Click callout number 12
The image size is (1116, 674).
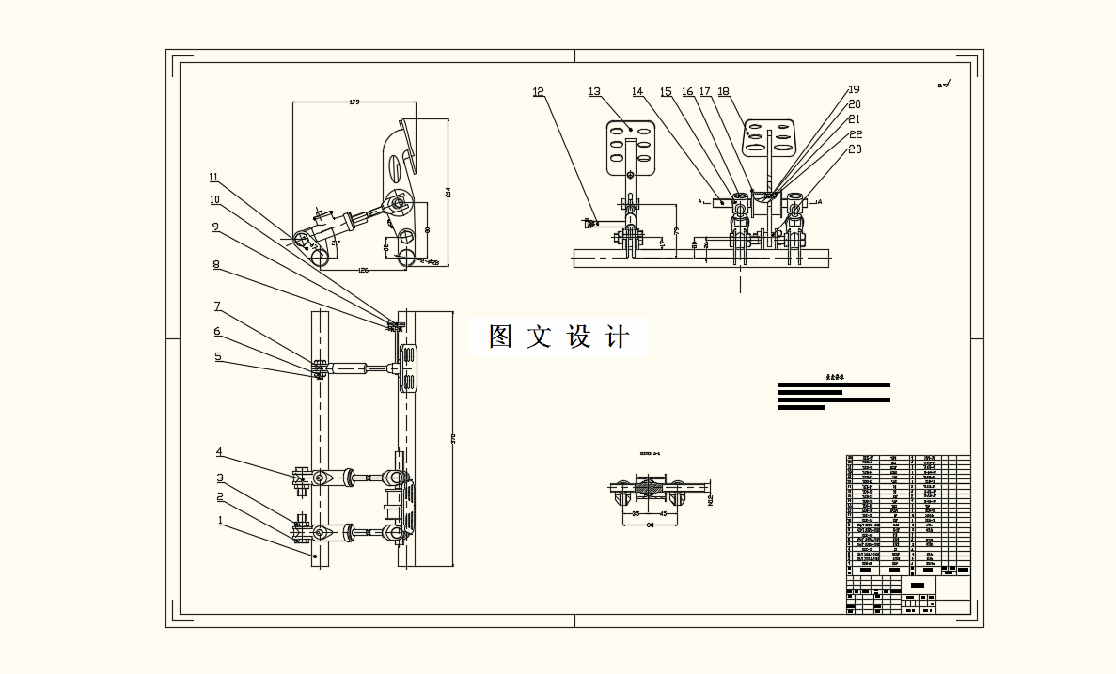click(x=538, y=92)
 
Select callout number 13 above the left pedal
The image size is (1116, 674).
click(x=594, y=92)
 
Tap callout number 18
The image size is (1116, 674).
click(x=723, y=92)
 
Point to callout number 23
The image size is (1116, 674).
click(x=855, y=149)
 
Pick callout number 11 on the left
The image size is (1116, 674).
click(x=213, y=177)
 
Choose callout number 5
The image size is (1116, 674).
click(x=217, y=356)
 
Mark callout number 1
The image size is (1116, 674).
click(x=220, y=519)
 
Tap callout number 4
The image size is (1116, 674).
click(x=219, y=452)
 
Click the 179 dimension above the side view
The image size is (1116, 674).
click(x=354, y=102)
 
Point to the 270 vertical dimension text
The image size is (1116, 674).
click(x=454, y=438)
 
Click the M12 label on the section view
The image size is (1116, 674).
click(x=711, y=498)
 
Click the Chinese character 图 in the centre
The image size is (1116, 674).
click(x=500, y=337)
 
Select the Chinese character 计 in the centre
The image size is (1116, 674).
click(x=617, y=337)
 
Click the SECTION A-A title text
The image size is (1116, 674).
click(x=650, y=453)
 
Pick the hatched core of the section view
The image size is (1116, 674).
click(x=649, y=488)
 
